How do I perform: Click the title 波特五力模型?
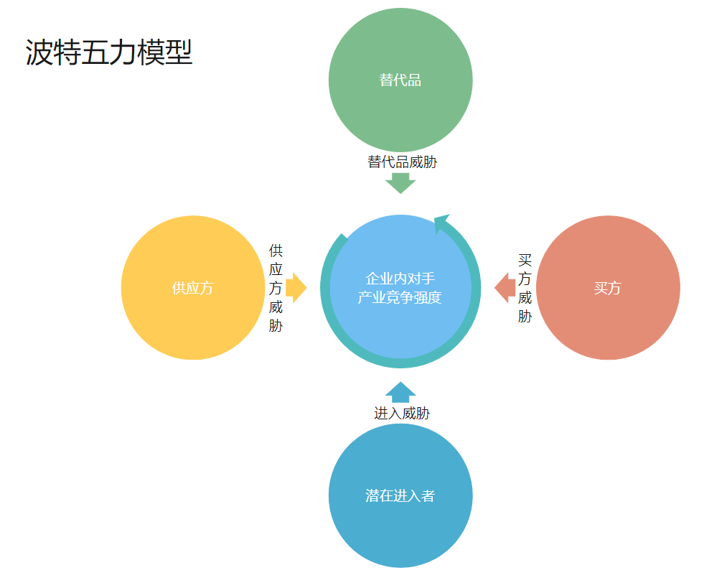point(108,52)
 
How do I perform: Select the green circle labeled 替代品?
point(400,80)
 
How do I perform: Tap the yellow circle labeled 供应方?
point(193,288)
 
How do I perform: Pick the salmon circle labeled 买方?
point(609,288)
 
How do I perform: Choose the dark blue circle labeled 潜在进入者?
point(400,495)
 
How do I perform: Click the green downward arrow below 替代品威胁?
point(400,183)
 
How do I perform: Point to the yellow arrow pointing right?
point(296,288)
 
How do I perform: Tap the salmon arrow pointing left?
point(505,288)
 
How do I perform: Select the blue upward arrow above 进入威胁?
point(400,393)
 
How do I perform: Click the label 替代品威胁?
point(402,162)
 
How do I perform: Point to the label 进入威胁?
point(402,414)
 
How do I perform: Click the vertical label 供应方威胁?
point(276,288)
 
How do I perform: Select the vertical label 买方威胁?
point(525,288)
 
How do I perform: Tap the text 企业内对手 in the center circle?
point(400,278)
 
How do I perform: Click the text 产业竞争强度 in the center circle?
point(400,297)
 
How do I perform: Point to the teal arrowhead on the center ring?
point(441,223)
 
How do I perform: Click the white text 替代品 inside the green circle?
point(400,80)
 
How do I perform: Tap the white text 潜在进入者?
point(400,496)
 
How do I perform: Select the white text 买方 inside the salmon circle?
point(607,289)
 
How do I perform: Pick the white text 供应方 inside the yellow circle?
point(192,289)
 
